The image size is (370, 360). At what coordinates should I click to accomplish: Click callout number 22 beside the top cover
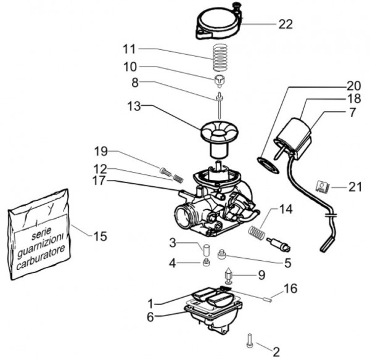tap(286, 24)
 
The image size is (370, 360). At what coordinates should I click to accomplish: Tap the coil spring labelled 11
tap(220, 57)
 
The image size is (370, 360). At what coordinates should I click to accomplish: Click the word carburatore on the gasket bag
tap(40, 258)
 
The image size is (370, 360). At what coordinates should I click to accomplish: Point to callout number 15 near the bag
tap(101, 236)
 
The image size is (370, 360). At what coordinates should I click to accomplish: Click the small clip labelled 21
tap(322, 186)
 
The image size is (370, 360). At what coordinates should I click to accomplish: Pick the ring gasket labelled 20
tap(268, 165)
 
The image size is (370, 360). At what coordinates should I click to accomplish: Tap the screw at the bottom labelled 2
tap(250, 340)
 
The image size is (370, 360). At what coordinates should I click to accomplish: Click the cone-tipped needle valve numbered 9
tap(228, 276)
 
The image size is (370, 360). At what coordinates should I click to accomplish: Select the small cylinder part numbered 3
tap(206, 250)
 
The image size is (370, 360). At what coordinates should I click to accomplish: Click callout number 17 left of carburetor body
tap(99, 181)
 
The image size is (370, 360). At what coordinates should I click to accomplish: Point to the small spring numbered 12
tap(178, 178)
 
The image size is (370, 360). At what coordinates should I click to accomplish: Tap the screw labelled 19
tap(166, 171)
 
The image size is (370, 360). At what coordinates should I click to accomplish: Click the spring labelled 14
tap(257, 231)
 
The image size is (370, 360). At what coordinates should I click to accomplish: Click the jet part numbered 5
tap(222, 255)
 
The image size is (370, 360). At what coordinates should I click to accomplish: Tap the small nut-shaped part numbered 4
tap(207, 262)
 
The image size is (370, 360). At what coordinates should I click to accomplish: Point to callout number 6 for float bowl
tap(150, 317)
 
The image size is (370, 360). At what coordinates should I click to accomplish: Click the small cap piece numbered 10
tap(219, 81)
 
